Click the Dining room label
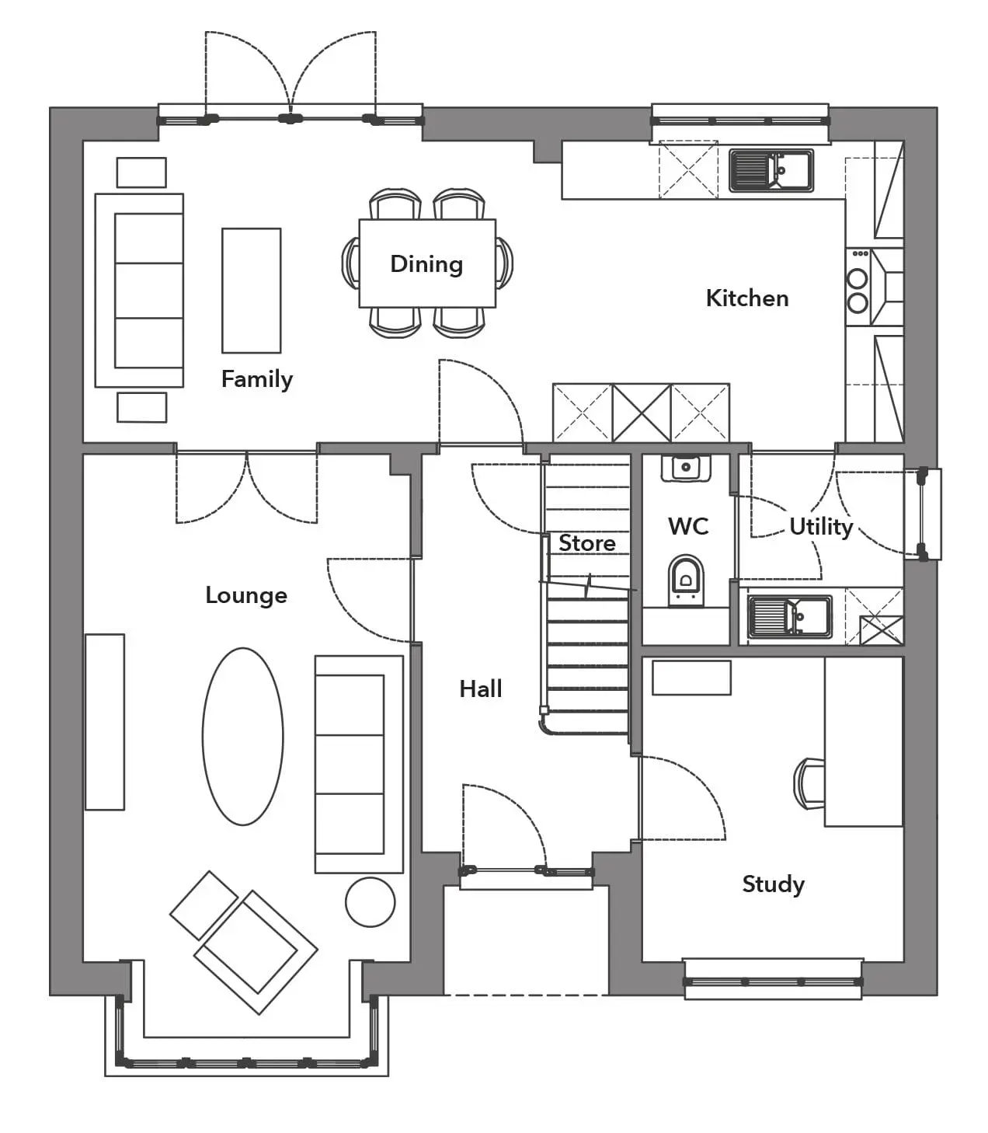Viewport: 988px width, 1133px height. (426, 264)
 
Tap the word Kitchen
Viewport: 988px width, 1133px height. (747, 298)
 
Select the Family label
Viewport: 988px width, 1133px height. (257, 380)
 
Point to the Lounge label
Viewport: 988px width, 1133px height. (246, 596)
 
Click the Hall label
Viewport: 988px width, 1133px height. (481, 689)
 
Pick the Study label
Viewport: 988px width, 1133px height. (774, 885)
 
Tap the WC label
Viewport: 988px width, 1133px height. (688, 526)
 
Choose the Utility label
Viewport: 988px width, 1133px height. (822, 527)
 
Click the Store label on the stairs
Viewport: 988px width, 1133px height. (586, 543)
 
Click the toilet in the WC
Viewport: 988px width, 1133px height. (686, 580)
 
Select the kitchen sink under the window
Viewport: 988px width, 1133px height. (771, 170)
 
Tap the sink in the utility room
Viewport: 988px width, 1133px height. (790, 616)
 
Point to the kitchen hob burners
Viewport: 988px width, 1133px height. (858, 291)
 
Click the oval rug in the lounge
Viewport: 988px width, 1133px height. (243, 737)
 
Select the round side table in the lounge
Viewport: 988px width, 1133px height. (370, 902)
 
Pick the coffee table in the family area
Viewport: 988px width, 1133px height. (252, 290)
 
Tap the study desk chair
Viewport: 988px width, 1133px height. (809, 783)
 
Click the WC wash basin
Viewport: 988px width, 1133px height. (686, 468)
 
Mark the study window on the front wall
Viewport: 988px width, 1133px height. (774, 981)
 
